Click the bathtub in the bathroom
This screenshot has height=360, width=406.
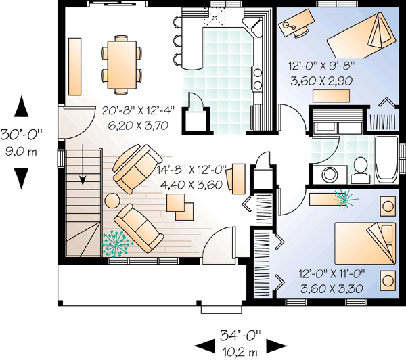pos(385,160)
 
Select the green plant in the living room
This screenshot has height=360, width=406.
pos(118,242)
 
